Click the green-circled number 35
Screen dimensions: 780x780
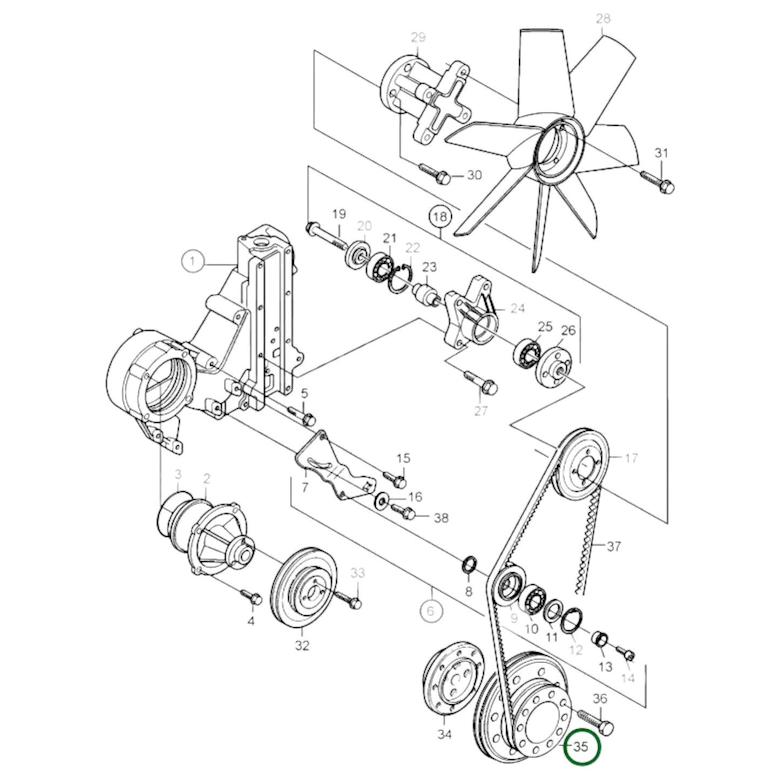(580, 747)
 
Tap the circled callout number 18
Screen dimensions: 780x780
(440, 217)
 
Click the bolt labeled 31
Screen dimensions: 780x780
(657, 180)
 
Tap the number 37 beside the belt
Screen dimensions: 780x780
(613, 547)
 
